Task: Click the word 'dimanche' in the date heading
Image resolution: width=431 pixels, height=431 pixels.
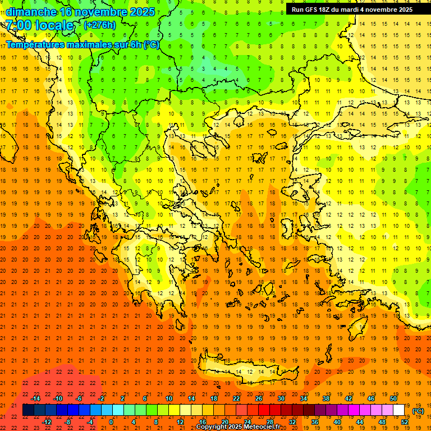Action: [31, 12]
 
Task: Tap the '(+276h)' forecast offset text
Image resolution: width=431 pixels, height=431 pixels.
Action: [100, 25]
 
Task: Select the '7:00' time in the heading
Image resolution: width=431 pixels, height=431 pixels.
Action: [18, 25]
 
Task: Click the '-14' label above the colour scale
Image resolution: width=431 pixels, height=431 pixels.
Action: [35, 398]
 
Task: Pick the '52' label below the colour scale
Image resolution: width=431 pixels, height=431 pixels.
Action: [405, 422]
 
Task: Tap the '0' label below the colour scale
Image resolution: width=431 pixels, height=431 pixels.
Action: [111, 422]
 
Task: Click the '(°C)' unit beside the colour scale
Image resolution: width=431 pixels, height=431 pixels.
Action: [418, 411]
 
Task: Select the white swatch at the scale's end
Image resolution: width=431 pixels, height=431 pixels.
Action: [399, 410]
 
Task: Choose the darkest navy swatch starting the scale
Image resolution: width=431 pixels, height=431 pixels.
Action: [28, 410]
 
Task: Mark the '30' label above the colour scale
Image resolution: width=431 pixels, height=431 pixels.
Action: [281, 398]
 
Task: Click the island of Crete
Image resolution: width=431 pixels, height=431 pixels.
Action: [247, 373]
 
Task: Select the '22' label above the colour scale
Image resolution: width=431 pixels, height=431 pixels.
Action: [236, 398]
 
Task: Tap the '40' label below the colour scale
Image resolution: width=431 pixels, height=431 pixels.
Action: [337, 422]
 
